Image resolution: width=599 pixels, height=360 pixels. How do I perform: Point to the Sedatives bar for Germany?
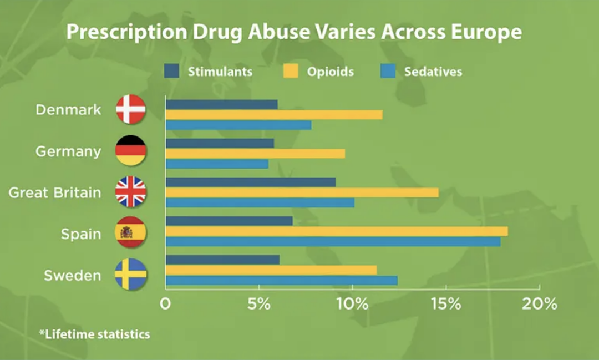(x=217, y=164)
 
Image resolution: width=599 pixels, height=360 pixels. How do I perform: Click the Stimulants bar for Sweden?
(x=222, y=260)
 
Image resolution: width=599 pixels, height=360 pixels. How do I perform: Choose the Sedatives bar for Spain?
(x=333, y=242)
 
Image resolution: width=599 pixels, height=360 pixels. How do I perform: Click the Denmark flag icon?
(x=131, y=109)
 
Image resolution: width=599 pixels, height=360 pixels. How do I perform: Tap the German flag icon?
(x=131, y=150)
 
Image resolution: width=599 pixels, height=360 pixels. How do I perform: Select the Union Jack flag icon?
(x=131, y=192)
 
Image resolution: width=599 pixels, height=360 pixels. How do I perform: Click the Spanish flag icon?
(x=131, y=232)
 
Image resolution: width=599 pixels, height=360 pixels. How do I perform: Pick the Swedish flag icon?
(x=131, y=274)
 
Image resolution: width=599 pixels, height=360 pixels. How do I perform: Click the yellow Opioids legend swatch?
(x=291, y=72)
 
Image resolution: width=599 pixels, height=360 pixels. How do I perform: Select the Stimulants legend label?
(x=220, y=72)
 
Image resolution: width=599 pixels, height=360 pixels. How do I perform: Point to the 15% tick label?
(x=446, y=304)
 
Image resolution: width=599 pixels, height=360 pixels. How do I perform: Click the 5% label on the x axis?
(x=259, y=304)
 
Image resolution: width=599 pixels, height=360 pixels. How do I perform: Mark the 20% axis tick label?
(x=541, y=304)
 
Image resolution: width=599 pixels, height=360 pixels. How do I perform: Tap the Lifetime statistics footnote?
(x=94, y=334)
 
